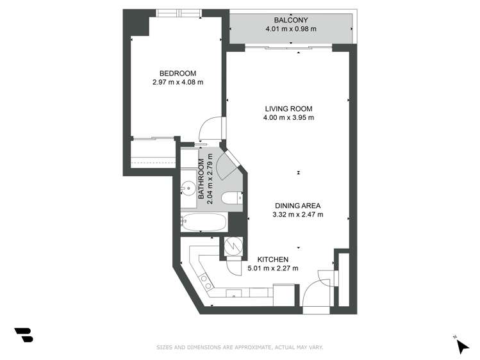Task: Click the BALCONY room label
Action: pyautogui.click(x=292, y=19)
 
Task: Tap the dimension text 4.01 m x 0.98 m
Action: pyautogui.click(x=292, y=29)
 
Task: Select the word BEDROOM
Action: pyautogui.click(x=178, y=73)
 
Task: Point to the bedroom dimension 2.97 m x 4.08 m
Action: pyautogui.click(x=178, y=82)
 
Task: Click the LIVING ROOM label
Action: pyautogui.click(x=288, y=108)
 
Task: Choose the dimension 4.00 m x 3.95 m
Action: pyautogui.click(x=288, y=117)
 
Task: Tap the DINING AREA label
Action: pyautogui.click(x=297, y=206)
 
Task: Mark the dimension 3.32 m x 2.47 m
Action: pyautogui.click(x=297, y=215)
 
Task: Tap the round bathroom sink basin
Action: pyautogui.click(x=189, y=188)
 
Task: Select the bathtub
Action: pyautogui.click(x=203, y=223)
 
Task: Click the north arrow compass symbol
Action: pyautogui.click(x=461, y=346)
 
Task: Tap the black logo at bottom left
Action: pyautogui.click(x=24, y=334)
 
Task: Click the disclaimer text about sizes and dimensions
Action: pyautogui.click(x=240, y=347)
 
